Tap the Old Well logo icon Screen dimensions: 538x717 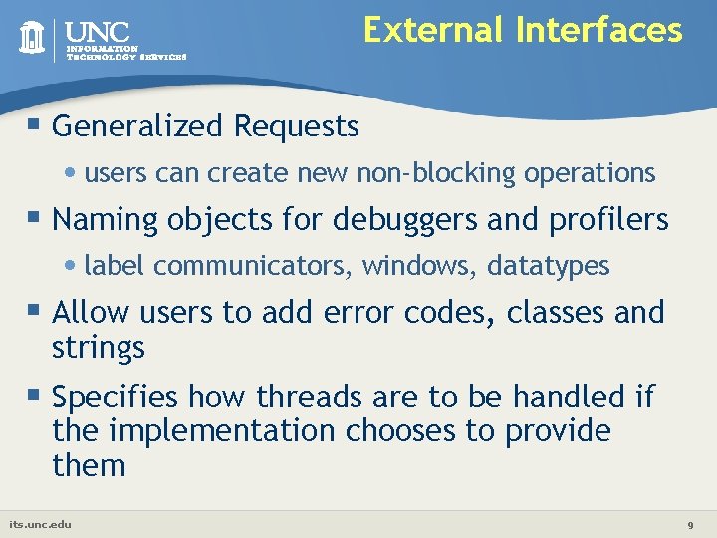coord(34,38)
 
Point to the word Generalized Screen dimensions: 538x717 coord(138,127)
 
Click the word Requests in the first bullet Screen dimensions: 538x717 coord(296,127)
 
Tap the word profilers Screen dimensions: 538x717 coord(608,220)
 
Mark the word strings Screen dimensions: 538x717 coord(99,349)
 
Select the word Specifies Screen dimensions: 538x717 coord(116,398)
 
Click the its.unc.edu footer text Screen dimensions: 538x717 coord(40,524)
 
